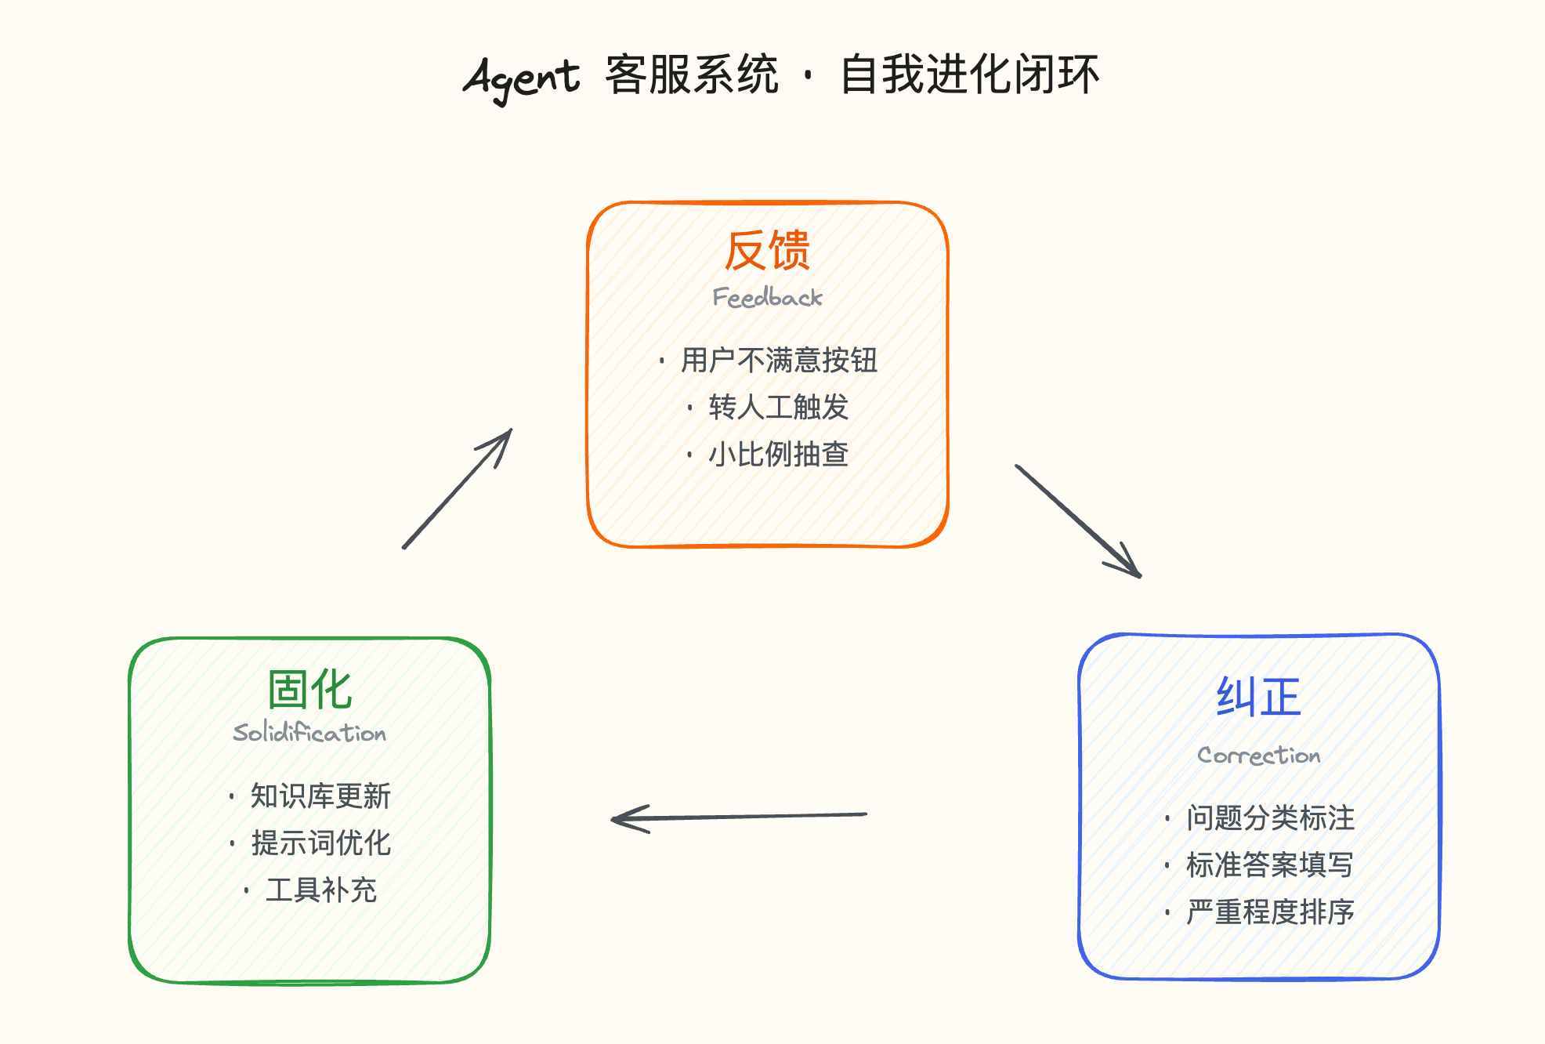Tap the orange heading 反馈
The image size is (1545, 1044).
(x=767, y=251)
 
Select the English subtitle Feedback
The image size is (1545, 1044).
(x=767, y=298)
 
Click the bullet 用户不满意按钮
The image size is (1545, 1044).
(x=778, y=361)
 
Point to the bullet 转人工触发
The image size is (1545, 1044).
(x=778, y=408)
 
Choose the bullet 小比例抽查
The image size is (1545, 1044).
(x=778, y=455)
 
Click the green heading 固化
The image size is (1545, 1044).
(x=309, y=690)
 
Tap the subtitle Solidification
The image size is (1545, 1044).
(x=309, y=734)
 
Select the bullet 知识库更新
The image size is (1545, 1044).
(x=320, y=796)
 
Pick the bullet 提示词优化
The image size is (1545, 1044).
(x=320, y=843)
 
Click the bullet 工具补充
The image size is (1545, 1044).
(x=321, y=890)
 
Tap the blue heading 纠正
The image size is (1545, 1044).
(x=1258, y=697)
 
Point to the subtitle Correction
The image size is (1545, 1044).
(x=1258, y=756)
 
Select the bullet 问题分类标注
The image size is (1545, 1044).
(x=1269, y=818)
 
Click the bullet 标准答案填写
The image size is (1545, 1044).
(x=1269, y=865)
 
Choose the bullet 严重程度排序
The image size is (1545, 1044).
(x=1269, y=912)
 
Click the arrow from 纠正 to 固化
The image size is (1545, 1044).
(x=739, y=817)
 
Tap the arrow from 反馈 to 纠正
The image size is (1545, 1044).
(x=1078, y=521)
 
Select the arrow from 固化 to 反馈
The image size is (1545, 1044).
(x=457, y=489)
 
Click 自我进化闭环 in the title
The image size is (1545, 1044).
(x=970, y=75)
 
